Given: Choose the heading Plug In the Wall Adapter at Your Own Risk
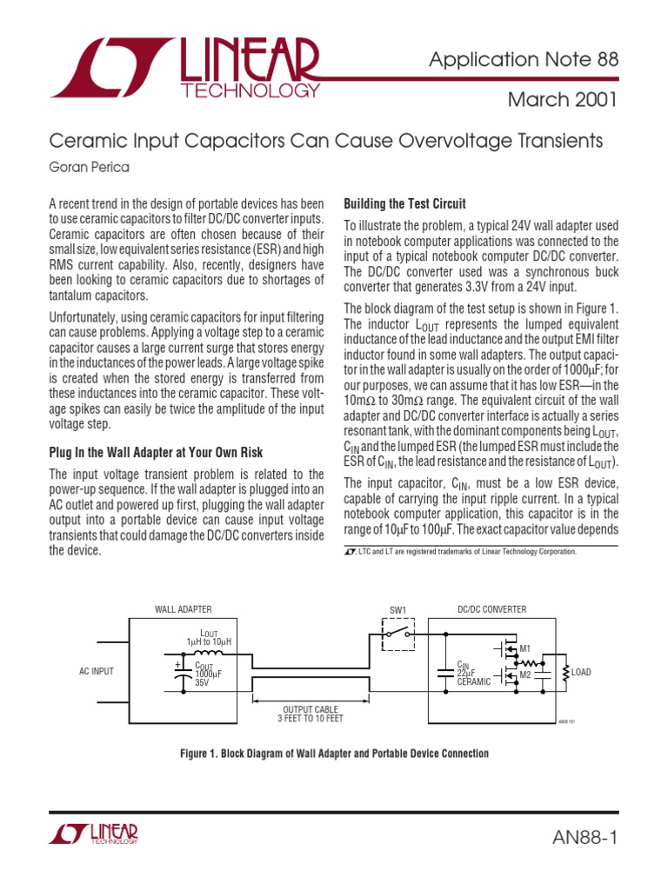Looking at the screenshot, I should pyautogui.click(x=156, y=453).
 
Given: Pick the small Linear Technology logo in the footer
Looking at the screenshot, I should pyautogui.click(x=94, y=834).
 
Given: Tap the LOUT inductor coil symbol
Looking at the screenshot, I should pyautogui.click(x=208, y=654).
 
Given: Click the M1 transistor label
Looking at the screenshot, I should pyautogui.click(x=524, y=649).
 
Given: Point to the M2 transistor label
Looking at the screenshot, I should pyautogui.click(x=524, y=674).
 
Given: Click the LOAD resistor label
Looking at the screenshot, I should pyautogui.click(x=581, y=672).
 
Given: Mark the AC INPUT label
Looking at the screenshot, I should pyautogui.click(x=97, y=672).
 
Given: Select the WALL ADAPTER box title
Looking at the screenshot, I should pyautogui.click(x=184, y=610).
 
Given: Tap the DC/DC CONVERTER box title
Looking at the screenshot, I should pyautogui.click(x=491, y=610).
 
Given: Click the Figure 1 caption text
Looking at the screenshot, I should pyautogui.click(x=334, y=754).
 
